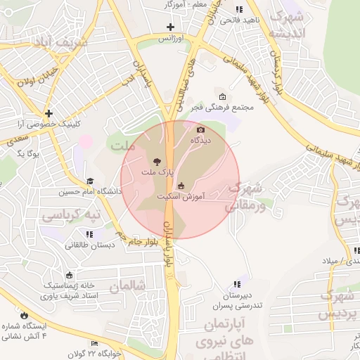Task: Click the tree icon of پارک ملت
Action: click(x=156, y=161)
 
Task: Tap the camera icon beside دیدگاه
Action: click(x=200, y=130)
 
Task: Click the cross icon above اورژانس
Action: click(x=170, y=27)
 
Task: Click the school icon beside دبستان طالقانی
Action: click(x=89, y=234)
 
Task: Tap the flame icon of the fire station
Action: click(x=25, y=316)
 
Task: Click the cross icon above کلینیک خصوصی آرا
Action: click(x=49, y=112)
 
